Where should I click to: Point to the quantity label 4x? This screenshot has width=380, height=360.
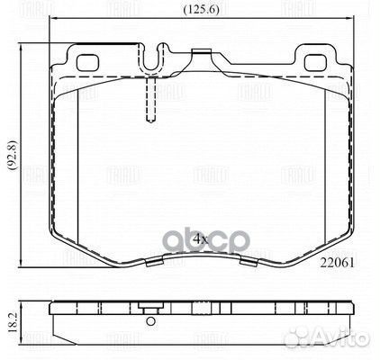tap(200, 239)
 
